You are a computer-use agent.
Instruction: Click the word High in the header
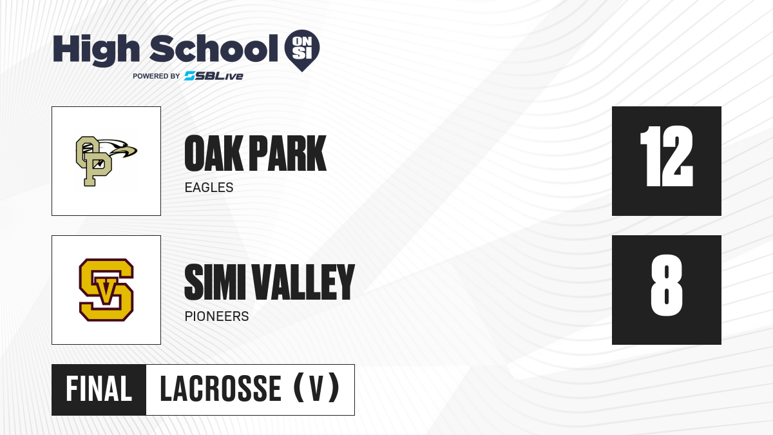[96, 50]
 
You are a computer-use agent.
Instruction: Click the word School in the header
[214, 48]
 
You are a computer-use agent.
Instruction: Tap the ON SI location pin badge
[302, 50]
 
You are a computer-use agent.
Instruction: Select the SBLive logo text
[214, 76]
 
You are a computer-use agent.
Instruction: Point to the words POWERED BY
[157, 76]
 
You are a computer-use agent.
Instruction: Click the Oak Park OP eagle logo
[106, 161]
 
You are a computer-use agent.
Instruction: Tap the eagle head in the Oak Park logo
[119, 149]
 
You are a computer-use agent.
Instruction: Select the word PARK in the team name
[287, 153]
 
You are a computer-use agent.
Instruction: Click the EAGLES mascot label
[209, 188]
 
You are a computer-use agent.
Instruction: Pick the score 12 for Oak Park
[666, 156]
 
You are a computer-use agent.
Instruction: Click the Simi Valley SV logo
[106, 290]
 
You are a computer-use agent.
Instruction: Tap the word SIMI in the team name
[213, 282]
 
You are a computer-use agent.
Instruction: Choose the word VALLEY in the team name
[303, 282]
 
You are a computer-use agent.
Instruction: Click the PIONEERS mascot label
[216, 316]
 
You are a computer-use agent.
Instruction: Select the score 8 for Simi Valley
[666, 285]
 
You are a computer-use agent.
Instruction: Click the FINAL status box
[99, 390]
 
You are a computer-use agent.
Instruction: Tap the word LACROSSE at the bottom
[220, 389]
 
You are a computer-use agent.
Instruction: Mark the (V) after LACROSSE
[316, 389]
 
